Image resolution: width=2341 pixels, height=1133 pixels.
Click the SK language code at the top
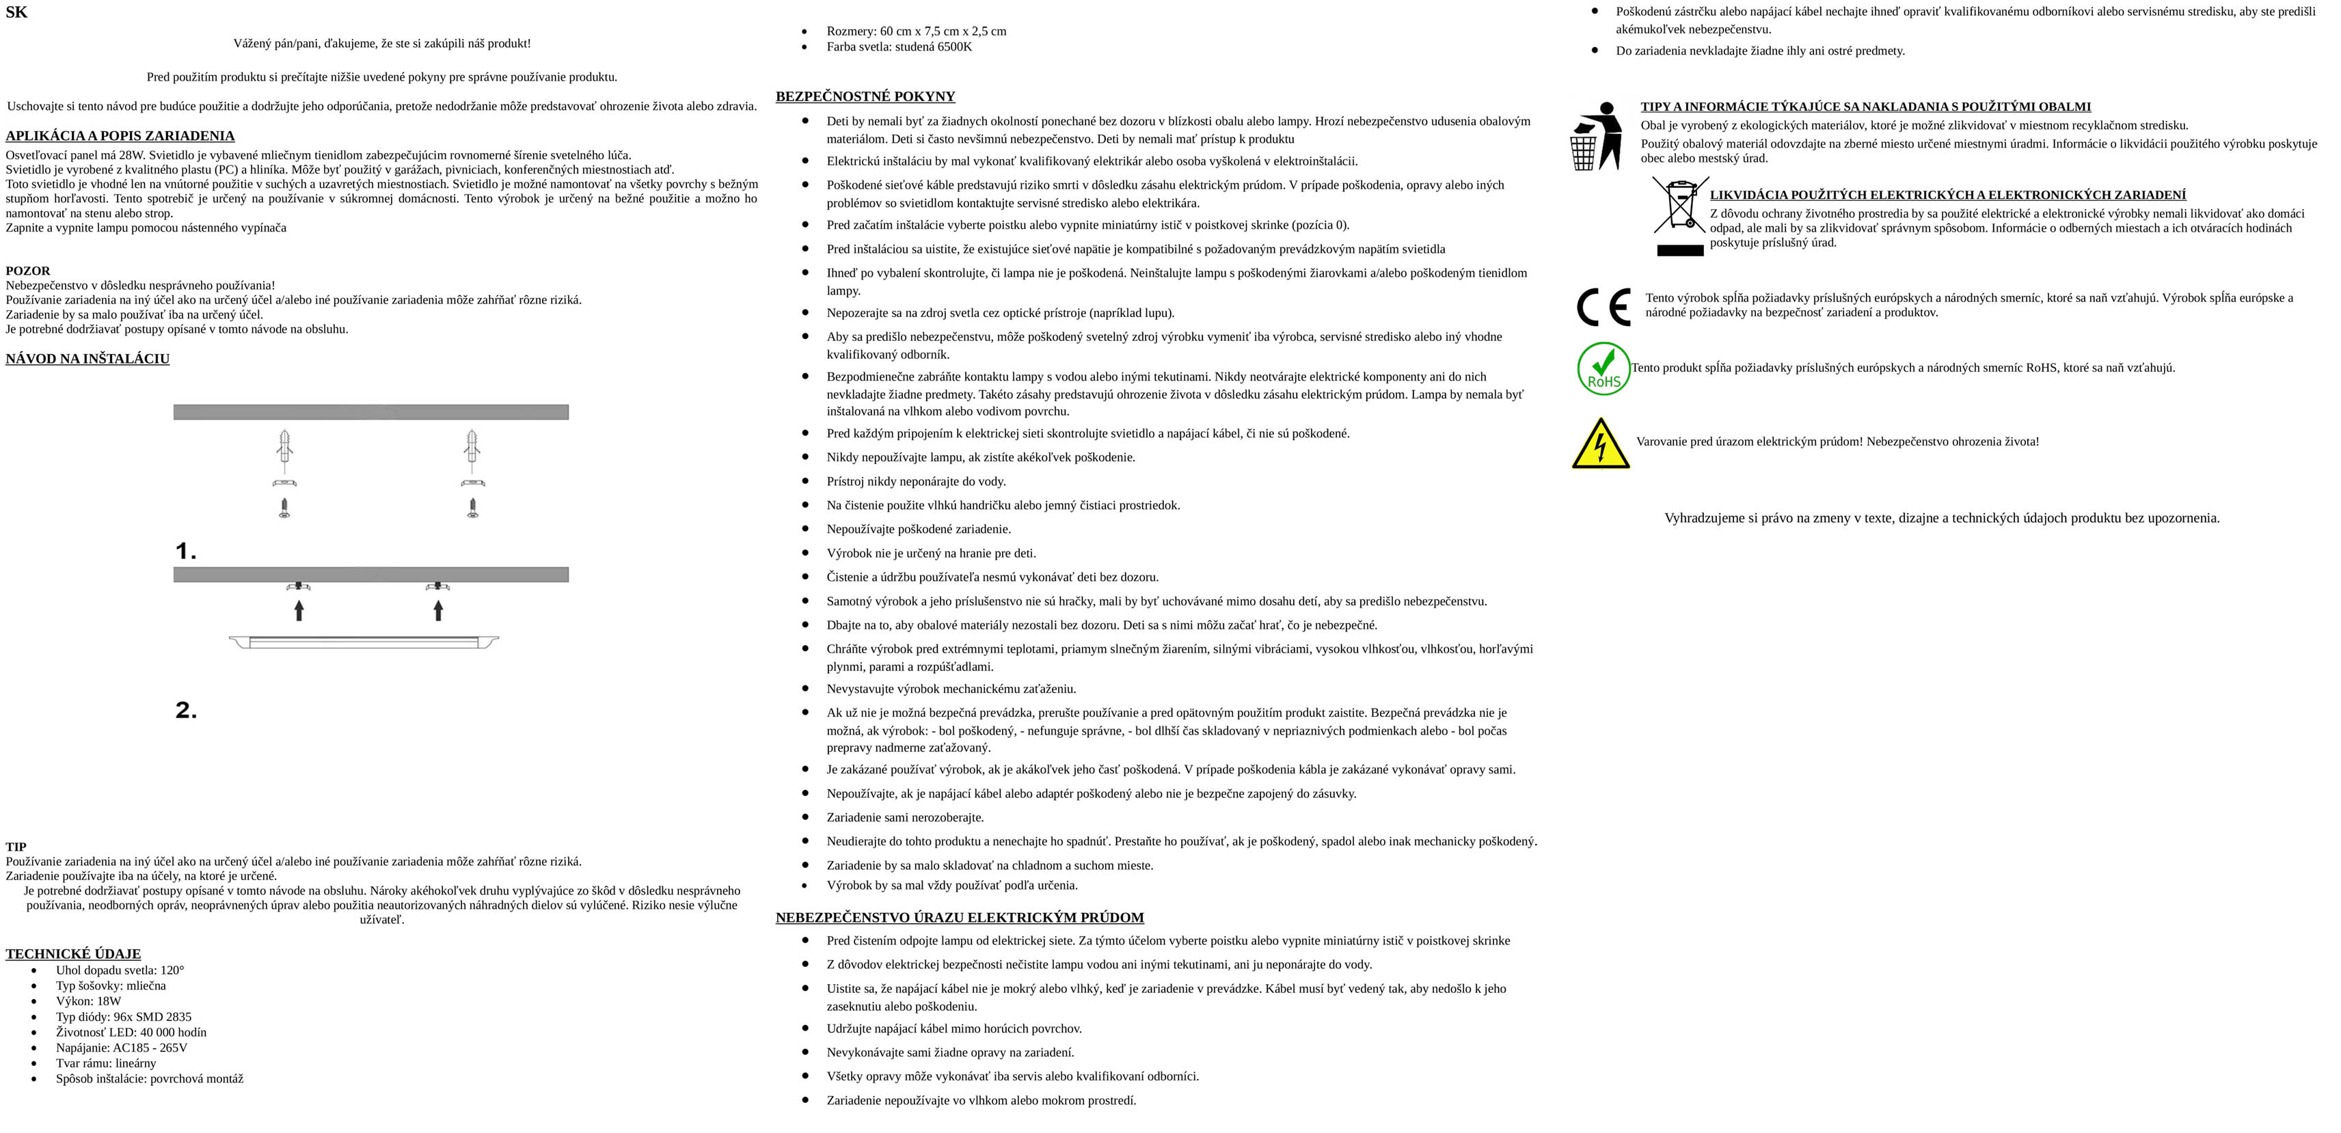pyautogui.click(x=16, y=13)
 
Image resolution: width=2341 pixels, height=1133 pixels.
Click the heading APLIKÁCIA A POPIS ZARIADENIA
pyautogui.click(x=120, y=136)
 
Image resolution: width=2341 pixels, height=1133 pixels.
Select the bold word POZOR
pyautogui.click(x=28, y=271)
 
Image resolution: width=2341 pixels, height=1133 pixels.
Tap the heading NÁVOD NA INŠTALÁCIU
pyautogui.click(x=87, y=359)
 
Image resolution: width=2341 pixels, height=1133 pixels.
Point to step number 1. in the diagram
pyautogui.click(x=185, y=551)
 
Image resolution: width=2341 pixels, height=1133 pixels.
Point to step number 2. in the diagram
pyautogui.click(x=185, y=711)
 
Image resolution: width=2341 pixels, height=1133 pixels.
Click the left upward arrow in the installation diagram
pyautogui.click(x=299, y=610)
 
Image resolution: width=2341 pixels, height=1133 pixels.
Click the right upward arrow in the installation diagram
pyautogui.click(x=438, y=610)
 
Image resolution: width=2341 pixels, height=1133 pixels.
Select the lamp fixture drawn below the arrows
pyautogui.click(x=364, y=642)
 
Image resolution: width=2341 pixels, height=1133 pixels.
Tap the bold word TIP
pyautogui.click(x=16, y=847)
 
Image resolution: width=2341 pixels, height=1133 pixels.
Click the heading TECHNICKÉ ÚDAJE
pyautogui.click(x=72, y=954)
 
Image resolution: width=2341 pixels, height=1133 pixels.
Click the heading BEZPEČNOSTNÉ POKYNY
pyautogui.click(x=865, y=96)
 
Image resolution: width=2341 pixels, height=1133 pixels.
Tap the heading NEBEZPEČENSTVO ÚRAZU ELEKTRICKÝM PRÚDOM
pyautogui.click(x=960, y=918)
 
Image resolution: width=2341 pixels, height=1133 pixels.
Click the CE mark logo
pyautogui.click(x=1603, y=307)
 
